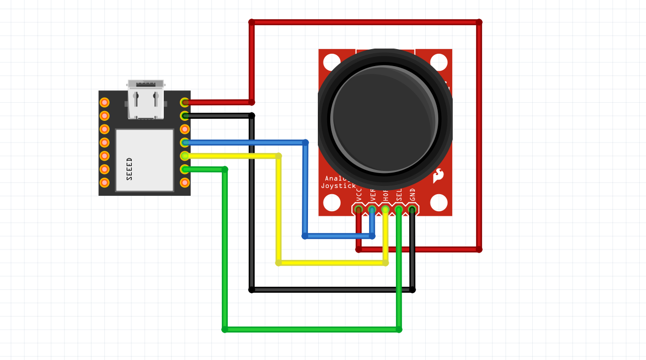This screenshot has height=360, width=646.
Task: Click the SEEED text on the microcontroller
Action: click(x=129, y=168)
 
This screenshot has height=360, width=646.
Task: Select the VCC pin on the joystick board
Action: click(x=359, y=209)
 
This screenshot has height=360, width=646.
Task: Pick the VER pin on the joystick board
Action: click(x=372, y=209)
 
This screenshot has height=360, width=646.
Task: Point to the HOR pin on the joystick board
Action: click(x=386, y=209)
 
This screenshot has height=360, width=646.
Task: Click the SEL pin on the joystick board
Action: click(x=399, y=209)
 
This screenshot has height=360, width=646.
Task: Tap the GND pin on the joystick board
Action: click(x=412, y=209)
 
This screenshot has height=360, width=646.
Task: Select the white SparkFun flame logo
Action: click(x=438, y=176)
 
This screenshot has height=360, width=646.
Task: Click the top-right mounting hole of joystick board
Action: click(x=438, y=62)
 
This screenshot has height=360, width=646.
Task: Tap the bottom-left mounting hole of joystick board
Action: click(x=332, y=202)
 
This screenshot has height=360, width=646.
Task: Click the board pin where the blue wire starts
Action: click(x=184, y=143)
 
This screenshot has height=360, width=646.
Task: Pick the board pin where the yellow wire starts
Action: click(x=184, y=156)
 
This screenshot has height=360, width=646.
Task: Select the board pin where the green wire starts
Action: click(x=184, y=169)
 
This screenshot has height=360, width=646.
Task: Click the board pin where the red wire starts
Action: click(x=184, y=102)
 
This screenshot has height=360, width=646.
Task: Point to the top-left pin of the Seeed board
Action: click(x=104, y=102)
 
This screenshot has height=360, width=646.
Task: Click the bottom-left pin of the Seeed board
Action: click(x=104, y=182)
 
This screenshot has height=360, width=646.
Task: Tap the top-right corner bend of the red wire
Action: click(x=479, y=22)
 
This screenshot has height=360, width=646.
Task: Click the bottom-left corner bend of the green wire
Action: click(x=225, y=329)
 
